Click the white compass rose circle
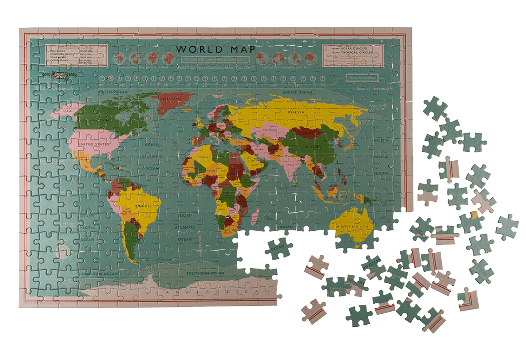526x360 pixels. (65, 251)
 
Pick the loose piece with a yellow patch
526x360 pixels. (474, 214)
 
